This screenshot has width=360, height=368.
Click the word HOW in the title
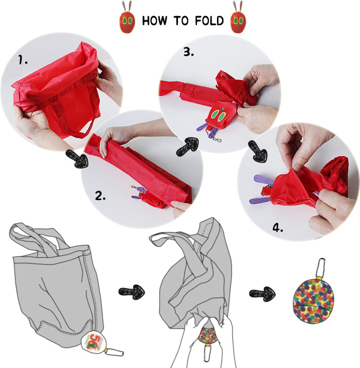point(155,21)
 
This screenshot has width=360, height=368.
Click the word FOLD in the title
point(209,21)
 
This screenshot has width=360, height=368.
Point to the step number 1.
point(23,60)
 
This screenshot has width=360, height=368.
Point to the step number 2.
point(100,196)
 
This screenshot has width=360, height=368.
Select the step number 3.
point(189,52)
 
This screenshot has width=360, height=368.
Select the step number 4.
point(278,228)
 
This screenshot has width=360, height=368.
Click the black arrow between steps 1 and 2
point(77,159)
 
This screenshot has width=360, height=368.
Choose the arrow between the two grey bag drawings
point(132,292)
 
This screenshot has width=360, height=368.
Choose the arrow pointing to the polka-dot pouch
point(262,294)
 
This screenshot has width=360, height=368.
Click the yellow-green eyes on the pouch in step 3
point(218,115)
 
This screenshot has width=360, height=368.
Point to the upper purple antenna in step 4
point(264,179)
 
